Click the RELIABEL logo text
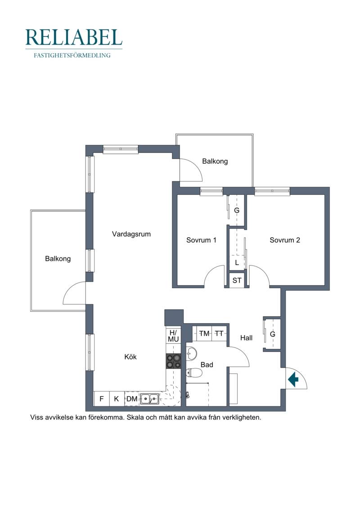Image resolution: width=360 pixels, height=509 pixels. [74, 37]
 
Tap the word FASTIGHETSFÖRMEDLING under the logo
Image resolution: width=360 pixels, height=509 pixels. [72, 55]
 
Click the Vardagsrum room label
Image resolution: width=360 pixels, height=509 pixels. [131, 234]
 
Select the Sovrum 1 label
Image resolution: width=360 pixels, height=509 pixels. [201, 240]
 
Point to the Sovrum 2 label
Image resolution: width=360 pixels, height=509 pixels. [285, 240]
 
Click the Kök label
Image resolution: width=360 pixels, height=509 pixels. [130, 357]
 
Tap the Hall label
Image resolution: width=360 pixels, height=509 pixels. [247, 338]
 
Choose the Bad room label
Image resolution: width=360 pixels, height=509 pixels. [207, 365]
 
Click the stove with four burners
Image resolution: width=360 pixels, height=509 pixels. [174, 361]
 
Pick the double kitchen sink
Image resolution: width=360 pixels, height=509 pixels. [150, 398]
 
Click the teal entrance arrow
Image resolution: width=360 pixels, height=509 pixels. [293, 379]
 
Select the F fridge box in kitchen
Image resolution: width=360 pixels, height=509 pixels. [102, 399]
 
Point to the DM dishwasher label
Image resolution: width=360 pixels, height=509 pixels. [132, 399]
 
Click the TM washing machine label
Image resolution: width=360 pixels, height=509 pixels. [204, 333]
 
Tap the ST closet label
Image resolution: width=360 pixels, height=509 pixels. [237, 280]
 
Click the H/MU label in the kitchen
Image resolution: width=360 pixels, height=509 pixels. [173, 336]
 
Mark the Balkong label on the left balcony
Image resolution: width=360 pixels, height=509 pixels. [58, 259]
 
